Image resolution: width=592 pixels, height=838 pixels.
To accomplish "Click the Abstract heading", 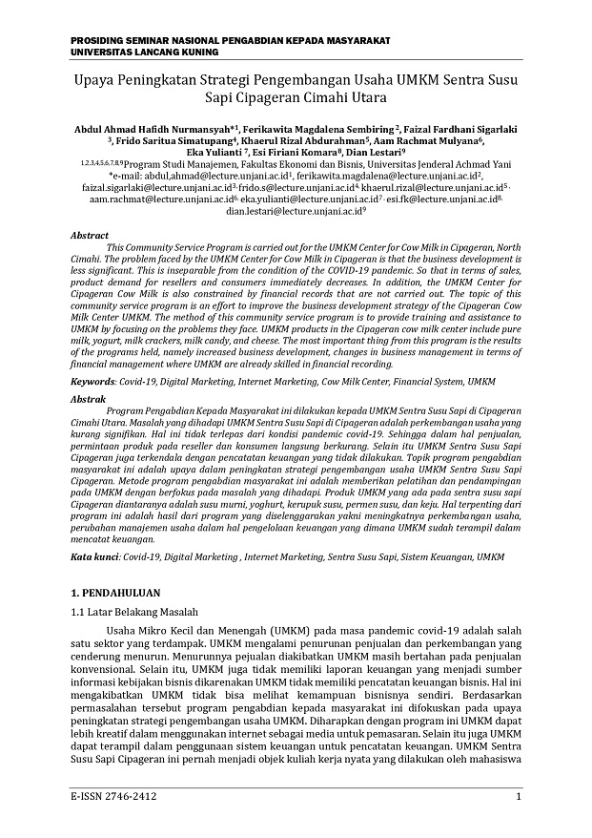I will coord(91,234).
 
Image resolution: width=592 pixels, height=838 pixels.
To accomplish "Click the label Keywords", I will coord(92,381).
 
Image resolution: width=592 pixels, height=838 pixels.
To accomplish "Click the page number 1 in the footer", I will coord(518,795).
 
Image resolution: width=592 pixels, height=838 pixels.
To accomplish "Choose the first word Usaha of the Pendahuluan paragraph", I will coord(124,631).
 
